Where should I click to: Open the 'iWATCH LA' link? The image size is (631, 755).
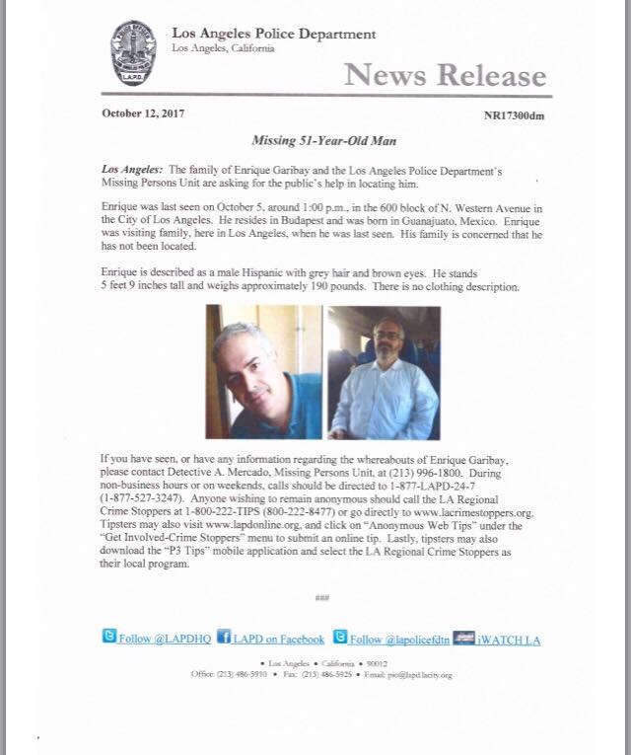click(x=505, y=640)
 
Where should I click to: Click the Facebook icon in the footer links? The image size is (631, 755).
click(x=223, y=639)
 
